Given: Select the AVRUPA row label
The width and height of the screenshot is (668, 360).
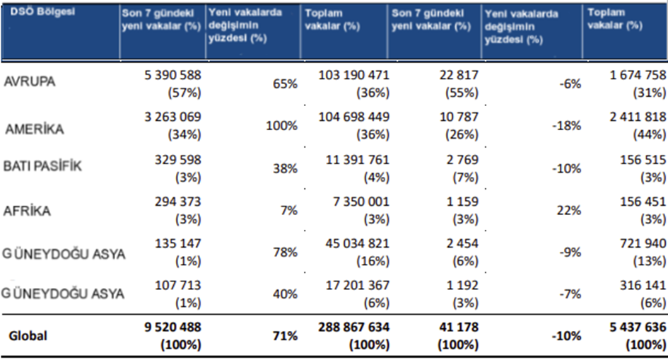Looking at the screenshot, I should (30, 83).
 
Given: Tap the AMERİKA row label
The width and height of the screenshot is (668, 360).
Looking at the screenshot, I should (34, 129).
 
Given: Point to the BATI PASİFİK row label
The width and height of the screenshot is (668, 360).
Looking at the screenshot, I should (43, 167).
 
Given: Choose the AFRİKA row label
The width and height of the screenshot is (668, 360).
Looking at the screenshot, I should (28, 210).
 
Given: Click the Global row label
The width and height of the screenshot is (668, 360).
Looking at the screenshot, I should (28, 336).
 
